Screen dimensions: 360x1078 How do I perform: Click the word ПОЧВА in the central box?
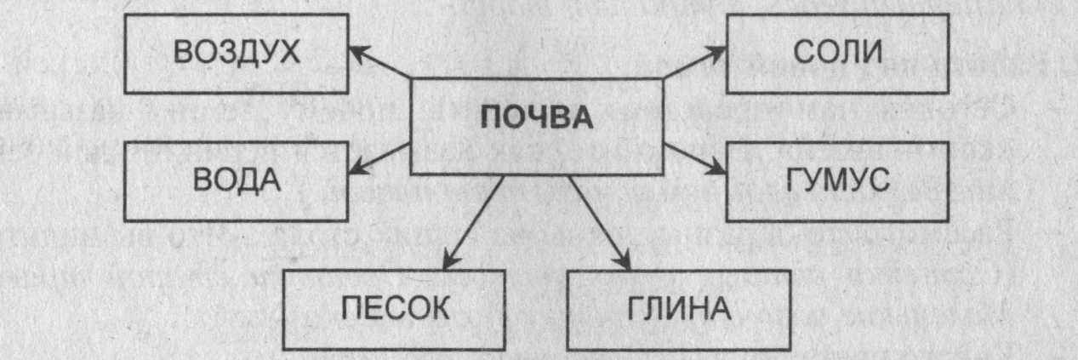536,117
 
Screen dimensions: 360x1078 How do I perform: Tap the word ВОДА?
237,181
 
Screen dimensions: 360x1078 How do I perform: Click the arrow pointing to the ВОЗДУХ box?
381,63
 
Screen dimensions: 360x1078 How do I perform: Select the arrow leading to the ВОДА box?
380,159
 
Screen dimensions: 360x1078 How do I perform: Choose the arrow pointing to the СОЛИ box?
693,63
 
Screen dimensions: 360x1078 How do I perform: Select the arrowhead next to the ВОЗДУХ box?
356,49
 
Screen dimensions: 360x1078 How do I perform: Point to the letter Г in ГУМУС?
782,181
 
